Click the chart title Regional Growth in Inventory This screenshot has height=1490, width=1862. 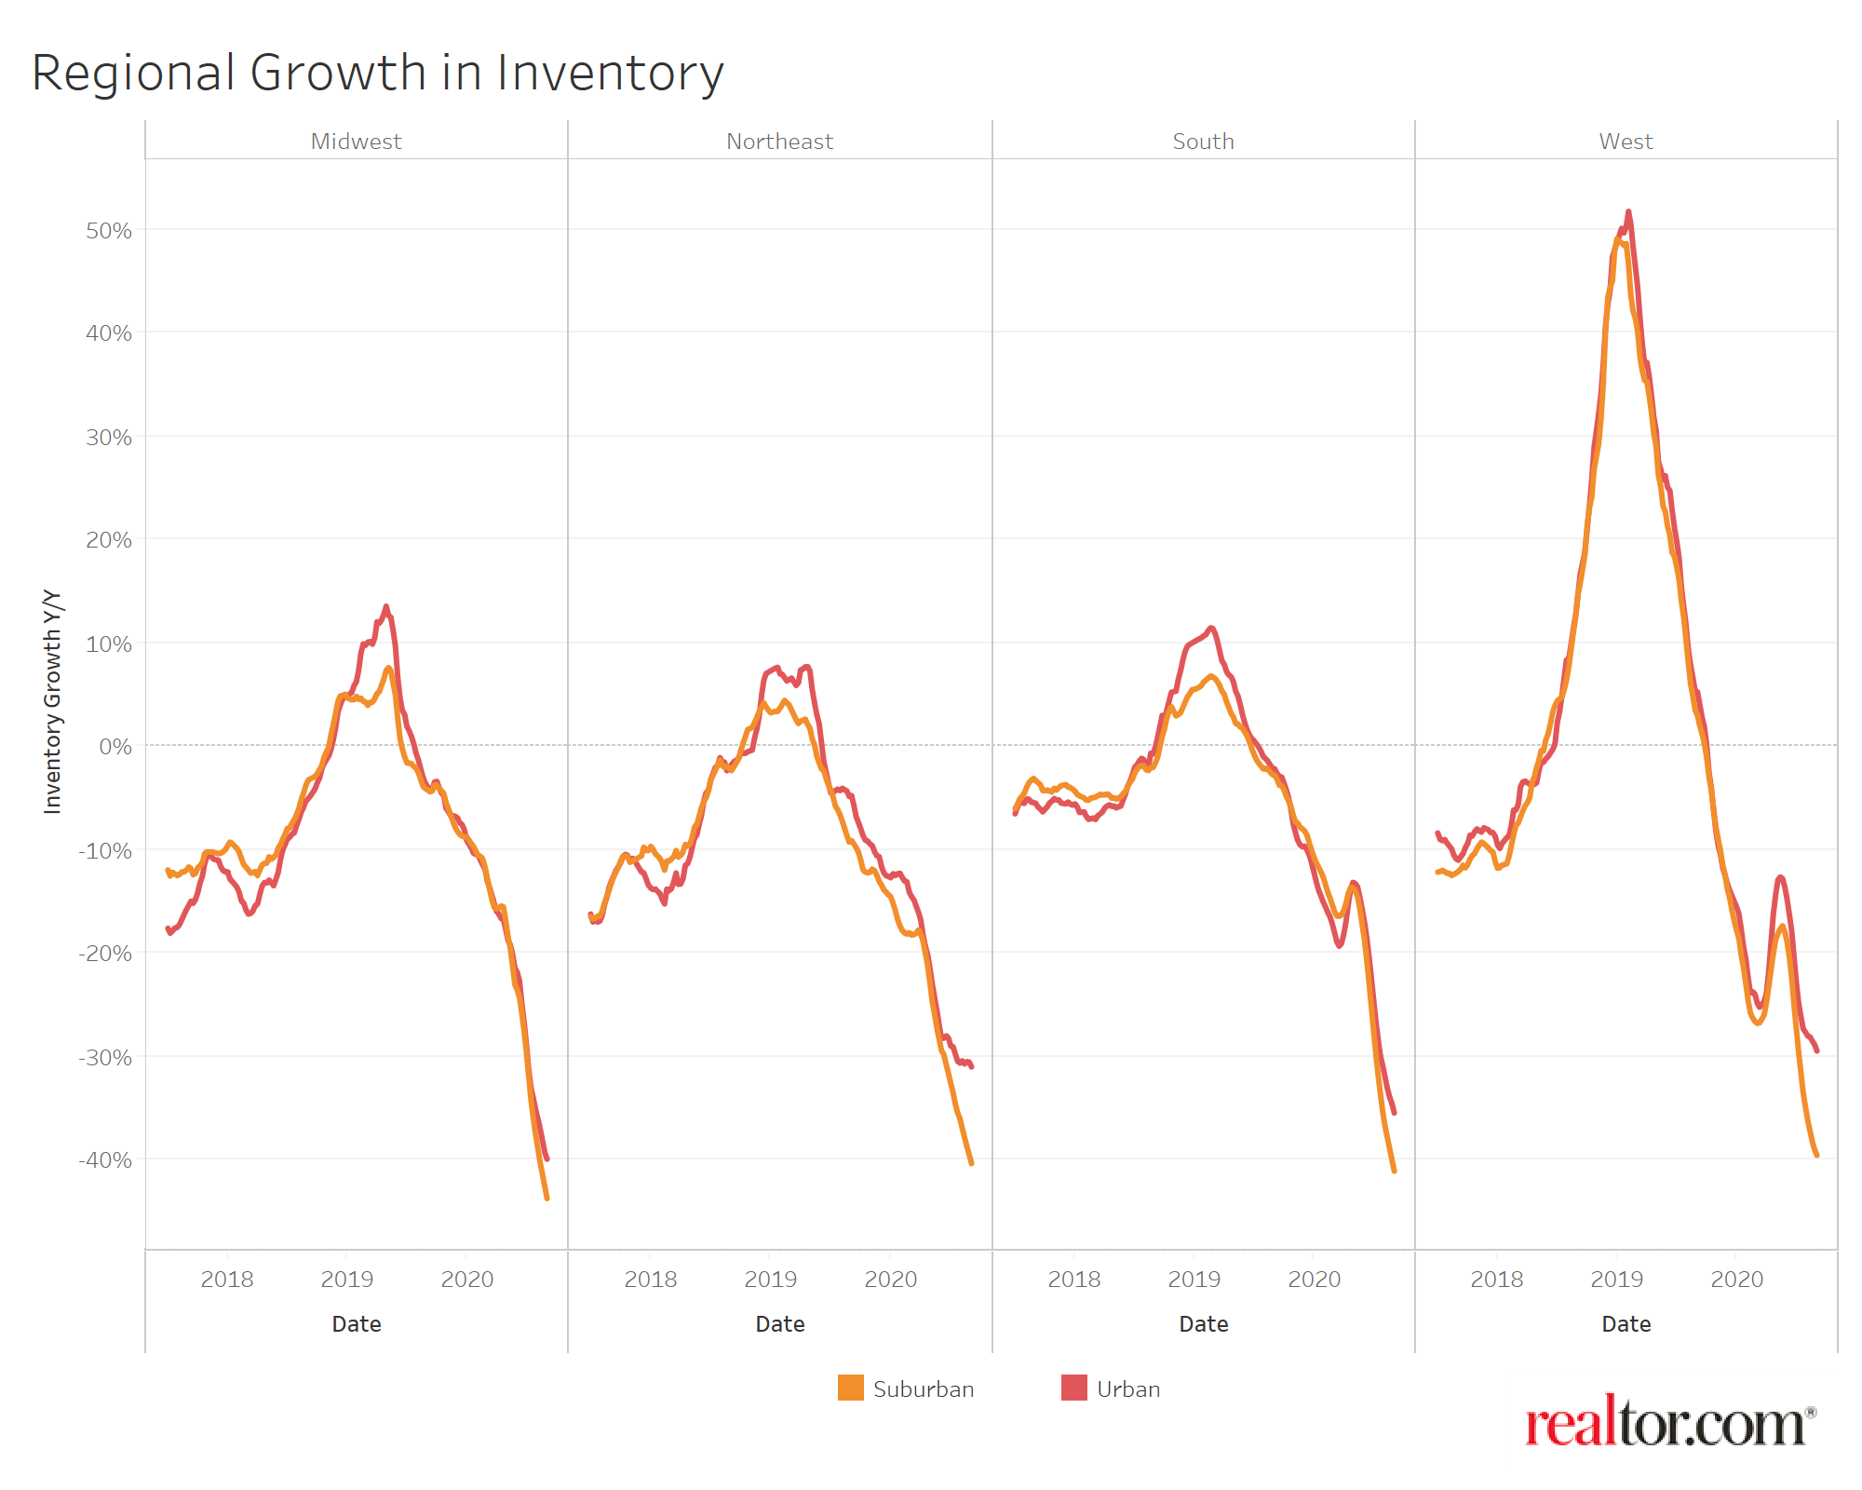(x=377, y=73)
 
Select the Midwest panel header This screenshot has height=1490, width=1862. (x=356, y=142)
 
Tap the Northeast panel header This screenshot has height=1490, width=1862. (x=779, y=142)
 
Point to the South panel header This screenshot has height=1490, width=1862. (x=1203, y=142)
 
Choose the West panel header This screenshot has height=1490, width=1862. (x=1626, y=142)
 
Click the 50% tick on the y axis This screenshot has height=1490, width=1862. (x=109, y=231)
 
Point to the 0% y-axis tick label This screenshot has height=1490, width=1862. (x=115, y=747)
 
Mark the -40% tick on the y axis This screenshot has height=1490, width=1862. (x=105, y=1160)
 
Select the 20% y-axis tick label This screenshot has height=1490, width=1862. (x=109, y=540)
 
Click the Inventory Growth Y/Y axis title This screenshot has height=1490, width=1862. (x=53, y=701)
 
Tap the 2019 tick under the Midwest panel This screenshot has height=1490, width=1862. (x=346, y=1280)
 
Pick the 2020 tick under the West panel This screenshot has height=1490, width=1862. (x=1736, y=1280)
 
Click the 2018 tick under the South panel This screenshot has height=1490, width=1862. (x=1073, y=1280)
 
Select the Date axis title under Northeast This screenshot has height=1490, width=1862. (x=779, y=1324)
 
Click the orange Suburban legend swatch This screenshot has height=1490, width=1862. (x=850, y=1388)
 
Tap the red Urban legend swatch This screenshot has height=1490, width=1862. (x=1073, y=1388)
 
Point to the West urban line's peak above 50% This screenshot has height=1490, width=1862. (x=1628, y=211)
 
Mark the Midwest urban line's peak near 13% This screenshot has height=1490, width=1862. (x=386, y=606)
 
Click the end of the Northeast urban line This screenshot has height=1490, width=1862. (x=971, y=1066)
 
